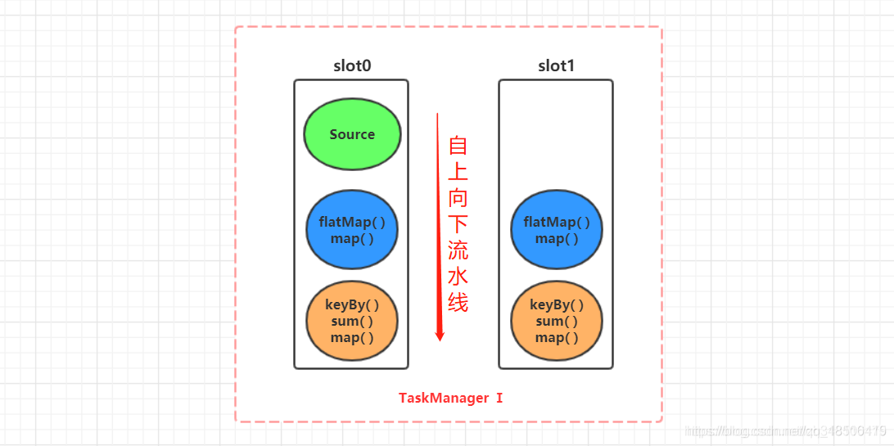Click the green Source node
pos(352,135)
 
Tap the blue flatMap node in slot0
pos(352,230)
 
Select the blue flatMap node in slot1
pos(557,230)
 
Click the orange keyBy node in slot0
pos(352,320)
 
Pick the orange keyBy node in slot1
pos(557,320)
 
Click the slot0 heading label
pos(352,66)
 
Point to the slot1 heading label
pos(557,66)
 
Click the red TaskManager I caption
pos(450,399)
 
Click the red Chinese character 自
pos(458,146)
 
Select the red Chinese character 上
pos(458,172)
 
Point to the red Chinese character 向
pos(458,198)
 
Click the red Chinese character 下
pos(458,224)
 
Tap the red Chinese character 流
pos(458,250)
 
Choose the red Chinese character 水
pos(458,277)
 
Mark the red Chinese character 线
pos(458,303)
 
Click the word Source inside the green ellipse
pos(352,135)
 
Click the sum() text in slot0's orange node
pos(352,321)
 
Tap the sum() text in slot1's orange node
pos(557,321)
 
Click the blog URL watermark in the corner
pos(785,430)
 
